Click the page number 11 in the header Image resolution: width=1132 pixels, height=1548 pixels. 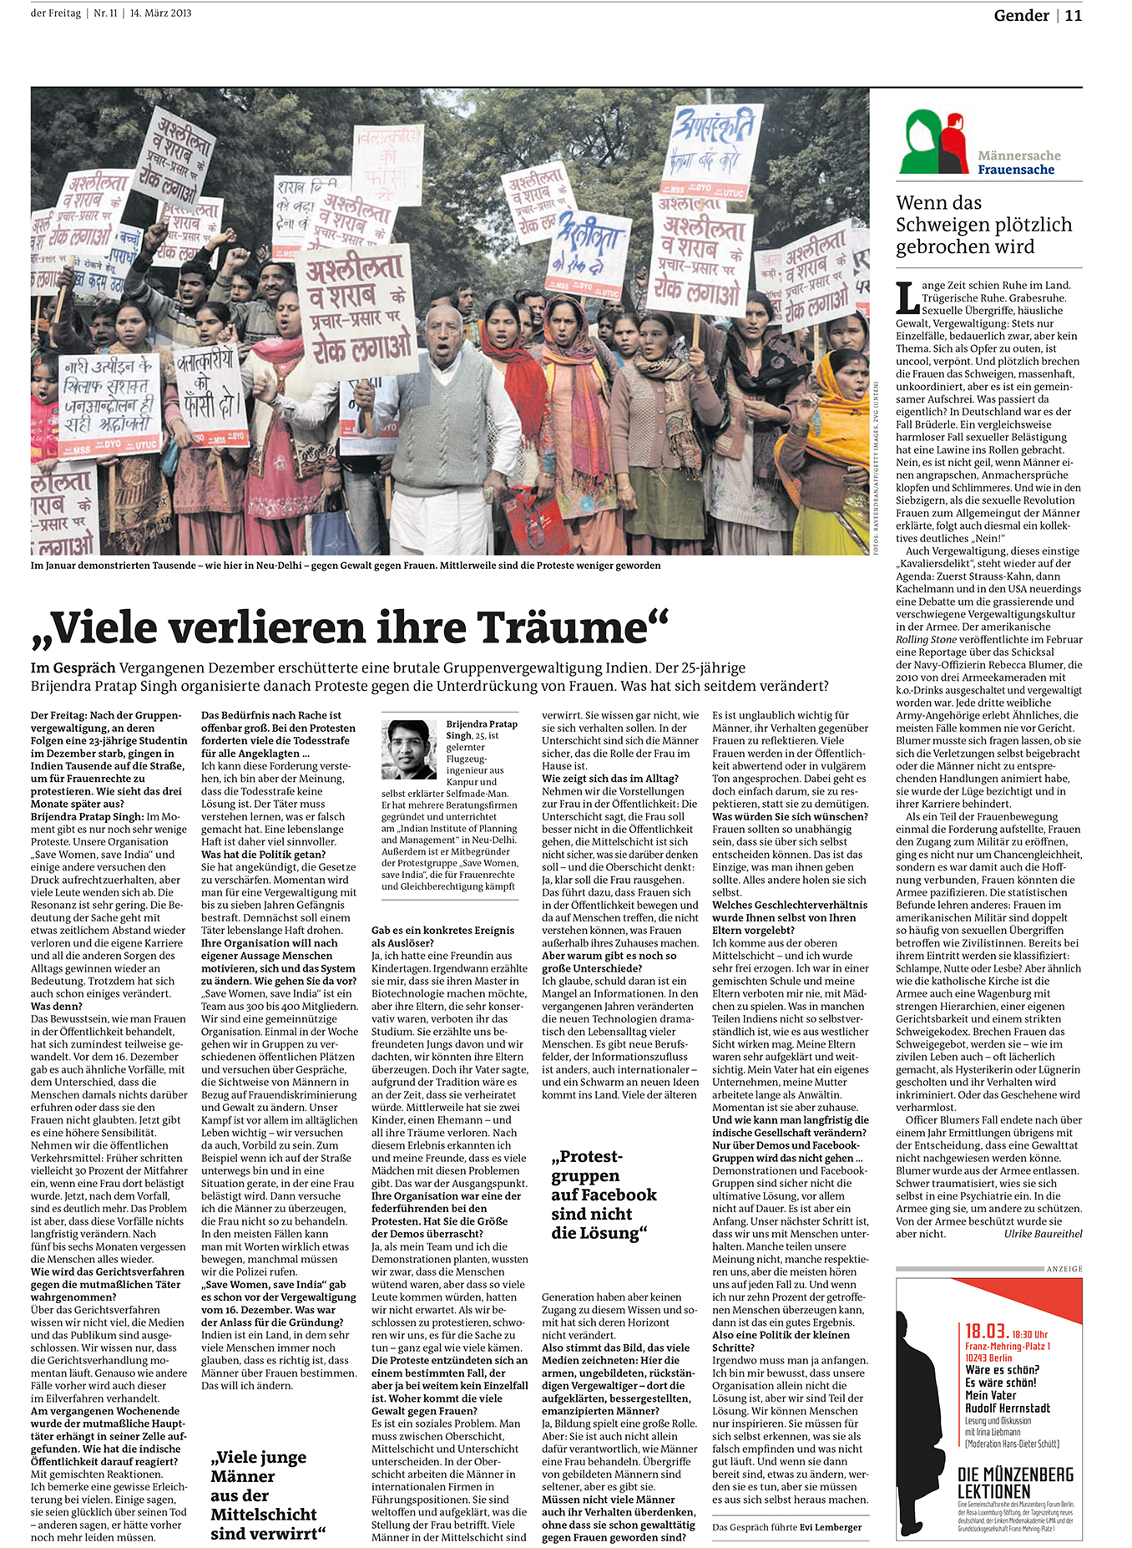1073,15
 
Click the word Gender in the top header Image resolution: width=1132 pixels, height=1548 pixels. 1021,15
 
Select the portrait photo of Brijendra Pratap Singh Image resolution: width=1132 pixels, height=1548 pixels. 409,750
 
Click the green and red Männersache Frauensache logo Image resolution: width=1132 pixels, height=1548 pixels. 934,142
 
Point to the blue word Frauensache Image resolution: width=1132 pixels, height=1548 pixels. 1016,170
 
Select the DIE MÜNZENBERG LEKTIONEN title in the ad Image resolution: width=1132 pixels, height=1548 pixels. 1015,1483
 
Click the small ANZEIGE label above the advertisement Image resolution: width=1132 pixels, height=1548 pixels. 1064,1269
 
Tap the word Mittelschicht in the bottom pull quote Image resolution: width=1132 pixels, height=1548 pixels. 264,1514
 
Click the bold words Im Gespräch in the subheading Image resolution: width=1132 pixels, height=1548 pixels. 73,667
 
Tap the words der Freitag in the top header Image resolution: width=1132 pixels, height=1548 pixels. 55,13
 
